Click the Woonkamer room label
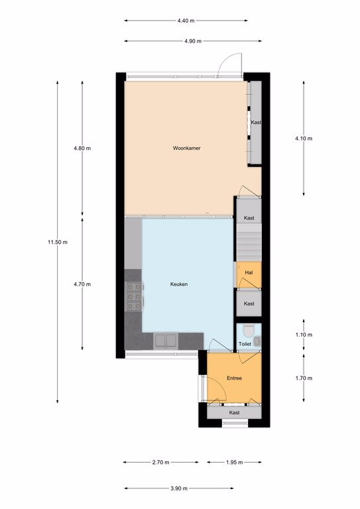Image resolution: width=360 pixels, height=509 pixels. [187, 148]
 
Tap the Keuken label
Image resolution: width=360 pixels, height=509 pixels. [179, 284]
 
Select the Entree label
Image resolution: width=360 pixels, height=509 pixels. [234, 378]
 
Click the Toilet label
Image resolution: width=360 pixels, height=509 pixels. [245, 344]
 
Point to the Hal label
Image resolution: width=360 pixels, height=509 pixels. [249, 272]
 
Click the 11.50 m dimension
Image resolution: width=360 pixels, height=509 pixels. [58, 242]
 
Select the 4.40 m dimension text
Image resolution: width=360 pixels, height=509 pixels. [186, 21]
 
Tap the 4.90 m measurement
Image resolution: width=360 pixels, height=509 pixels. [193, 41]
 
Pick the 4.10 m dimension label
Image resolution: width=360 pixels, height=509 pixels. [304, 139]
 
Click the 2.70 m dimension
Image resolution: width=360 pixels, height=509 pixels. [160, 462]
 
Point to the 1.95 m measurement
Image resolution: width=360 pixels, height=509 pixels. [235, 462]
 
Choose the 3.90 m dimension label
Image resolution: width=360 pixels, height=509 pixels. [179, 488]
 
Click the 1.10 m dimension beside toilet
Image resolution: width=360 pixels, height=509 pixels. [304, 335]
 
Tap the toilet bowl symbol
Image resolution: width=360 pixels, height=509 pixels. [249, 331]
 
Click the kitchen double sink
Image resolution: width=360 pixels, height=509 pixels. [166, 341]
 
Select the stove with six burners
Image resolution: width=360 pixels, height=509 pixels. [134, 297]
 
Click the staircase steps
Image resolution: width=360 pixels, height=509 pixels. [249, 243]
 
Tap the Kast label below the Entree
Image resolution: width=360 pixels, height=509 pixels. [234, 413]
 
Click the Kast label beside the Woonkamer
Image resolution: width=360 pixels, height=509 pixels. [256, 123]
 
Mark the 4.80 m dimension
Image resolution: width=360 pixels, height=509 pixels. [82, 148]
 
